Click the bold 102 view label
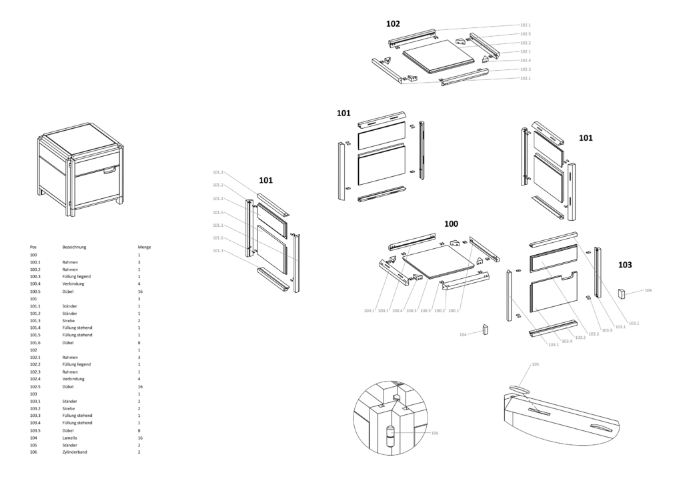point(393,24)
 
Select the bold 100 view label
point(451,223)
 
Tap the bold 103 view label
point(625,265)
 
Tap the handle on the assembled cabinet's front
point(110,170)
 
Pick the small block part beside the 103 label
point(622,294)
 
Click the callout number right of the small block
point(647,290)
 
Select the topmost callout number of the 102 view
point(525,25)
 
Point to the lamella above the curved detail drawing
point(520,387)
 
